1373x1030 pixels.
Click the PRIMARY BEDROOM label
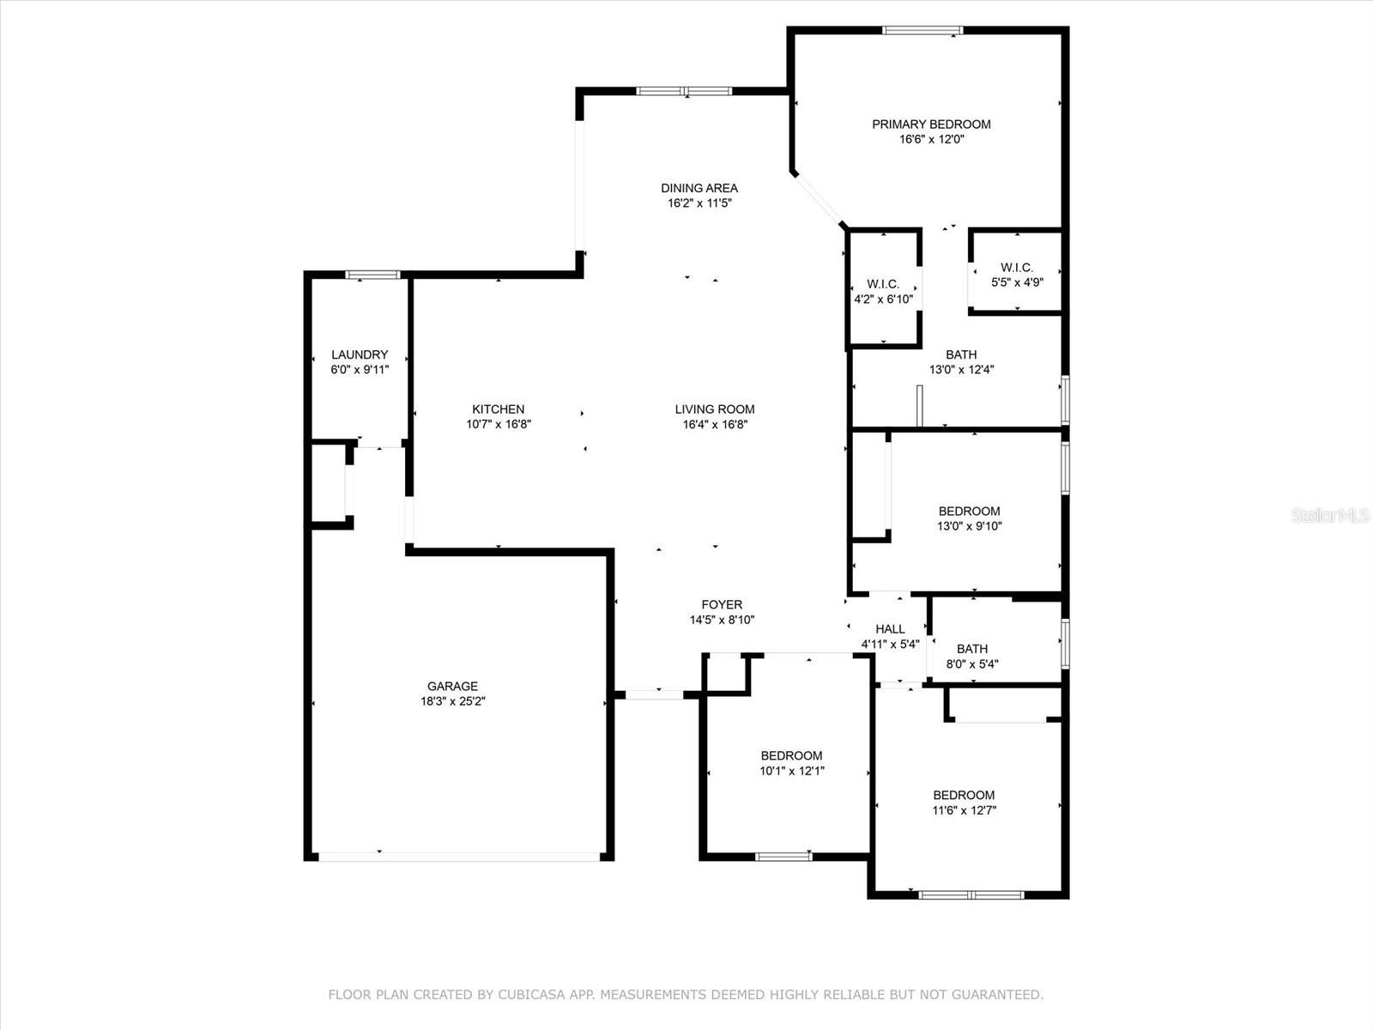[931, 124]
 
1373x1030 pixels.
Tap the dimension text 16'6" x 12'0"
[931, 139]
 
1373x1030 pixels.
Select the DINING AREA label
[699, 188]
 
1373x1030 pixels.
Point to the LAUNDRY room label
[360, 354]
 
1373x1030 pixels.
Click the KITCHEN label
[498, 409]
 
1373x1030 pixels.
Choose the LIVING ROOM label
[714, 409]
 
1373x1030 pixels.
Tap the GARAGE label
[452, 686]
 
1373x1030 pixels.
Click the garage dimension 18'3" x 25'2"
[453, 701]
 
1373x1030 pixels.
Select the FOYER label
[722, 605]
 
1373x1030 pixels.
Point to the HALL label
[890, 629]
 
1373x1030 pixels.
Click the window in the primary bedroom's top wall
[922, 30]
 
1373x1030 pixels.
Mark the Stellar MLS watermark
[1330, 516]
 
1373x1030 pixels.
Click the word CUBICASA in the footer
[532, 995]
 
